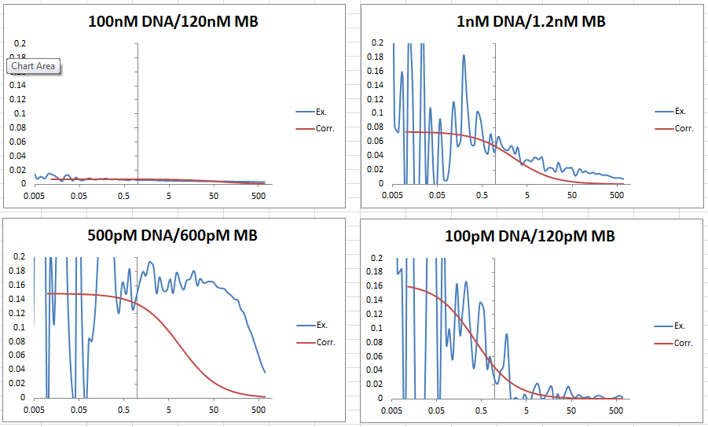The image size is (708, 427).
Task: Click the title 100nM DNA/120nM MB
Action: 173,21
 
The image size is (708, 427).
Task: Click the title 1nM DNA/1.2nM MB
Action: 531,21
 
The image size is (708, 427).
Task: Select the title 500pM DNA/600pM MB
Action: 173,235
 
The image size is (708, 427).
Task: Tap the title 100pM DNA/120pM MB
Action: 531,235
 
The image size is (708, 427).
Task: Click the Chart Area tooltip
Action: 33,66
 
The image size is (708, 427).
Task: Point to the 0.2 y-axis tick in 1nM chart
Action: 378,43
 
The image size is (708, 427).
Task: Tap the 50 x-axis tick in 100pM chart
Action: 572,410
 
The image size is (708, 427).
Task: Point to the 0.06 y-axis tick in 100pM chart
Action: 376,355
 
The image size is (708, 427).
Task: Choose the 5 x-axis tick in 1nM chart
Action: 528,196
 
